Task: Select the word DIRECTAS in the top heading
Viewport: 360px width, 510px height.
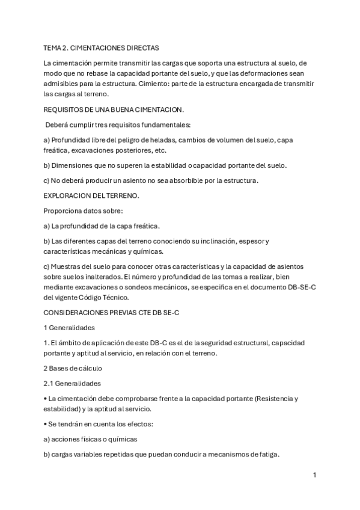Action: point(142,47)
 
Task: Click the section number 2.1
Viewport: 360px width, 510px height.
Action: point(49,383)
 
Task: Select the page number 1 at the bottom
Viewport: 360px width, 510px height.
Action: point(314,475)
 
